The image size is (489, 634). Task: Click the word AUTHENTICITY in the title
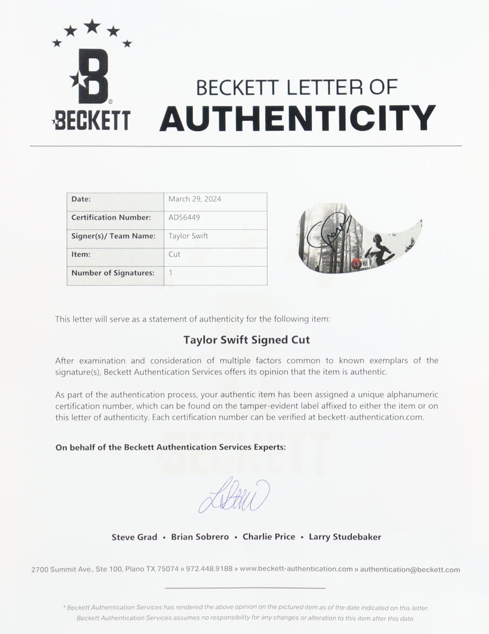tap(297, 118)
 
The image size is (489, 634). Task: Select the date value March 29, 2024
tap(195, 199)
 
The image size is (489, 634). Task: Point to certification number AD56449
tap(184, 217)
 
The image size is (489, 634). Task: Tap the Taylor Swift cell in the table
tap(188, 236)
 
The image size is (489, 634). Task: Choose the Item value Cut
tap(174, 254)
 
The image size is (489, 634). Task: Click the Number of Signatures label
tap(113, 273)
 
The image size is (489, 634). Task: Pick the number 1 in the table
tap(171, 273)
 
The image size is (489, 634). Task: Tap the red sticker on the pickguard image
tap(356, 264)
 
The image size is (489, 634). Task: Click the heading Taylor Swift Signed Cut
tap(246, 340)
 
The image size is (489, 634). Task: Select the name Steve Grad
tap(134, 537)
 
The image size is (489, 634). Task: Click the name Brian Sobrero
tap(200, 537)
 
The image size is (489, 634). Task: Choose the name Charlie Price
tap(269, 537)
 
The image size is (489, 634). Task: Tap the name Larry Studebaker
tap(345, 537)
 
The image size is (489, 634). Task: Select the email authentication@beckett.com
tap(410, 570)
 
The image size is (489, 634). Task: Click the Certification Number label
tap(111, 217)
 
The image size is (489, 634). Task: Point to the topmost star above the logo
tap(92, 26)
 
